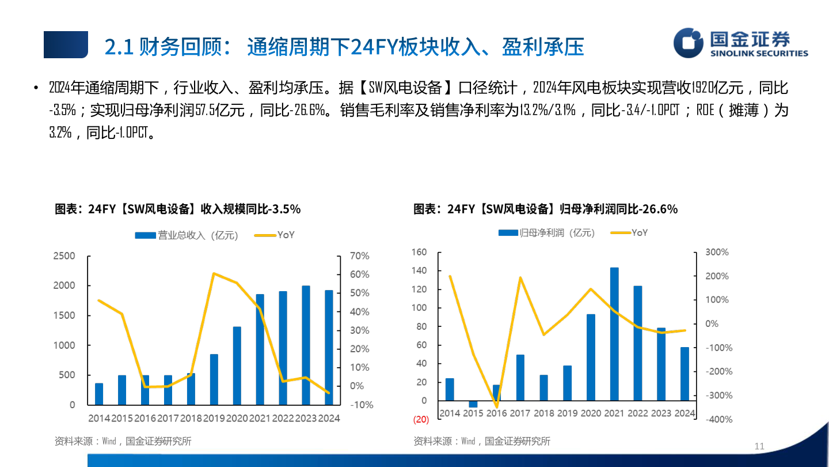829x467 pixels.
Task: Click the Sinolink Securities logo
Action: tap(741, 43)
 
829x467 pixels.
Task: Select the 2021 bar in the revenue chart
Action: tap(260, 349)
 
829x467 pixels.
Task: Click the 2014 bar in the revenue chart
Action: tap(99, 394)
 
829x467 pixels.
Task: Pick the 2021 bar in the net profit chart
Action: tap(614, 334)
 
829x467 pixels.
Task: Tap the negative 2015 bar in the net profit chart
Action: tap(473, 404)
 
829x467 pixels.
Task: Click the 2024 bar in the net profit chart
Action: tap(685, 374)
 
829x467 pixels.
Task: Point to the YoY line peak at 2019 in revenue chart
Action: tap(214, 273)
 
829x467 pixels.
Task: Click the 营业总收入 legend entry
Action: tap(186, 235)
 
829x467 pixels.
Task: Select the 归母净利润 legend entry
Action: tap(547, 233)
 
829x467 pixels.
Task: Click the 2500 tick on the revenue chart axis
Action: tap(64, 256)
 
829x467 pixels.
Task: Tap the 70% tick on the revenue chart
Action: tap(360, 256)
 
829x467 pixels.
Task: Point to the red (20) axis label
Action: tap(420, 419)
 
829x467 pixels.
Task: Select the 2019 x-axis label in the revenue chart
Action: tap(214, 418)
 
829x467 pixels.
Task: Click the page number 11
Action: tap(759, 446)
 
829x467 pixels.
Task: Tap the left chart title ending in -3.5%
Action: tap(178, 209)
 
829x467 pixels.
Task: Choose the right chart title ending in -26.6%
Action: tap(545, 209)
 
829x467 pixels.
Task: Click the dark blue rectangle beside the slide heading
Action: tap(66, 45)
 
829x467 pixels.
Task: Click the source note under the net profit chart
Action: tap(482, 441)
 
